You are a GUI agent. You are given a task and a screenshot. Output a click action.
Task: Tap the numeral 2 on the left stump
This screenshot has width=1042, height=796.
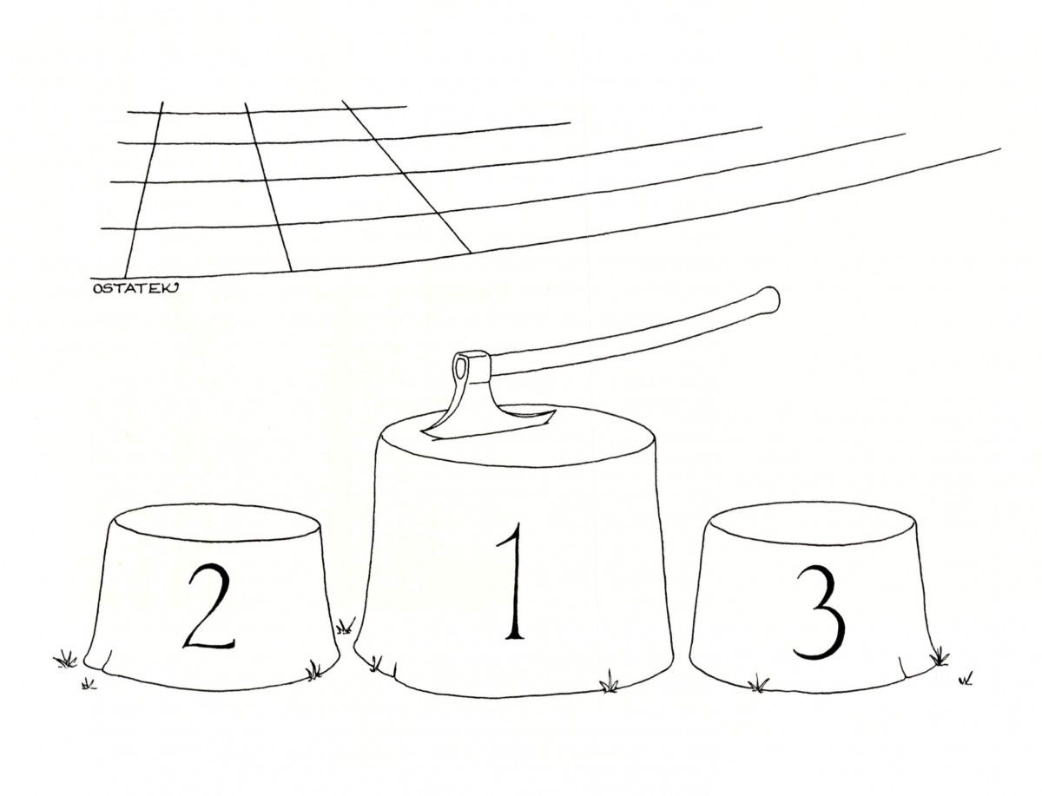tap(209, 606)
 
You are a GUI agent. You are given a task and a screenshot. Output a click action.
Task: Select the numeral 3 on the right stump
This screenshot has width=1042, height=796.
tap(820, 613)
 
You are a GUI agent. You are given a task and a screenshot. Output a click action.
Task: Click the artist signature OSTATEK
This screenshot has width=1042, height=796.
tap(135, 288)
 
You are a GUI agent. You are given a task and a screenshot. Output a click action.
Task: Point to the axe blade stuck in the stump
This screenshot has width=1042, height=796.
tap(485, 412)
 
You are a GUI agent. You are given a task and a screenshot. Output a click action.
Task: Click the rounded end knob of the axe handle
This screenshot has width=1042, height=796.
tap(770, 299)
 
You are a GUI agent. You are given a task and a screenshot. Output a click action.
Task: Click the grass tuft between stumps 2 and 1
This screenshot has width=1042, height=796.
tap(345, 627)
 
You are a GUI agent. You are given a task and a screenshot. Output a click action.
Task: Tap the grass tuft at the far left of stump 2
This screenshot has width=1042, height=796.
tap(65, 659)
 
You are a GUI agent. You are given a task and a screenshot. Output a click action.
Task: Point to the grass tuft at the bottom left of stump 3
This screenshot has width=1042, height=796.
tap(758, 684)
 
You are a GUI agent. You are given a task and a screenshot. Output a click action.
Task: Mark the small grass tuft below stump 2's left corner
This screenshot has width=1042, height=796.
tap(88, 684)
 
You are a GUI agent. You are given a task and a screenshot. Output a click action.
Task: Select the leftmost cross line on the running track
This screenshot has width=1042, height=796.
tap(143, 189)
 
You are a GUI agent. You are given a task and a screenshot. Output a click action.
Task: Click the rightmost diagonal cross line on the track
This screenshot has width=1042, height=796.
tap(406, 176)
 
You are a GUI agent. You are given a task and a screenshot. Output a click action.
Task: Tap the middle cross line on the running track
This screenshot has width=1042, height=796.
tap(268, 187)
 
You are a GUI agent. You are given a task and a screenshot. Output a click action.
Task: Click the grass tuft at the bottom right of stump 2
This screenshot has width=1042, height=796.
tap(313, 669)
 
